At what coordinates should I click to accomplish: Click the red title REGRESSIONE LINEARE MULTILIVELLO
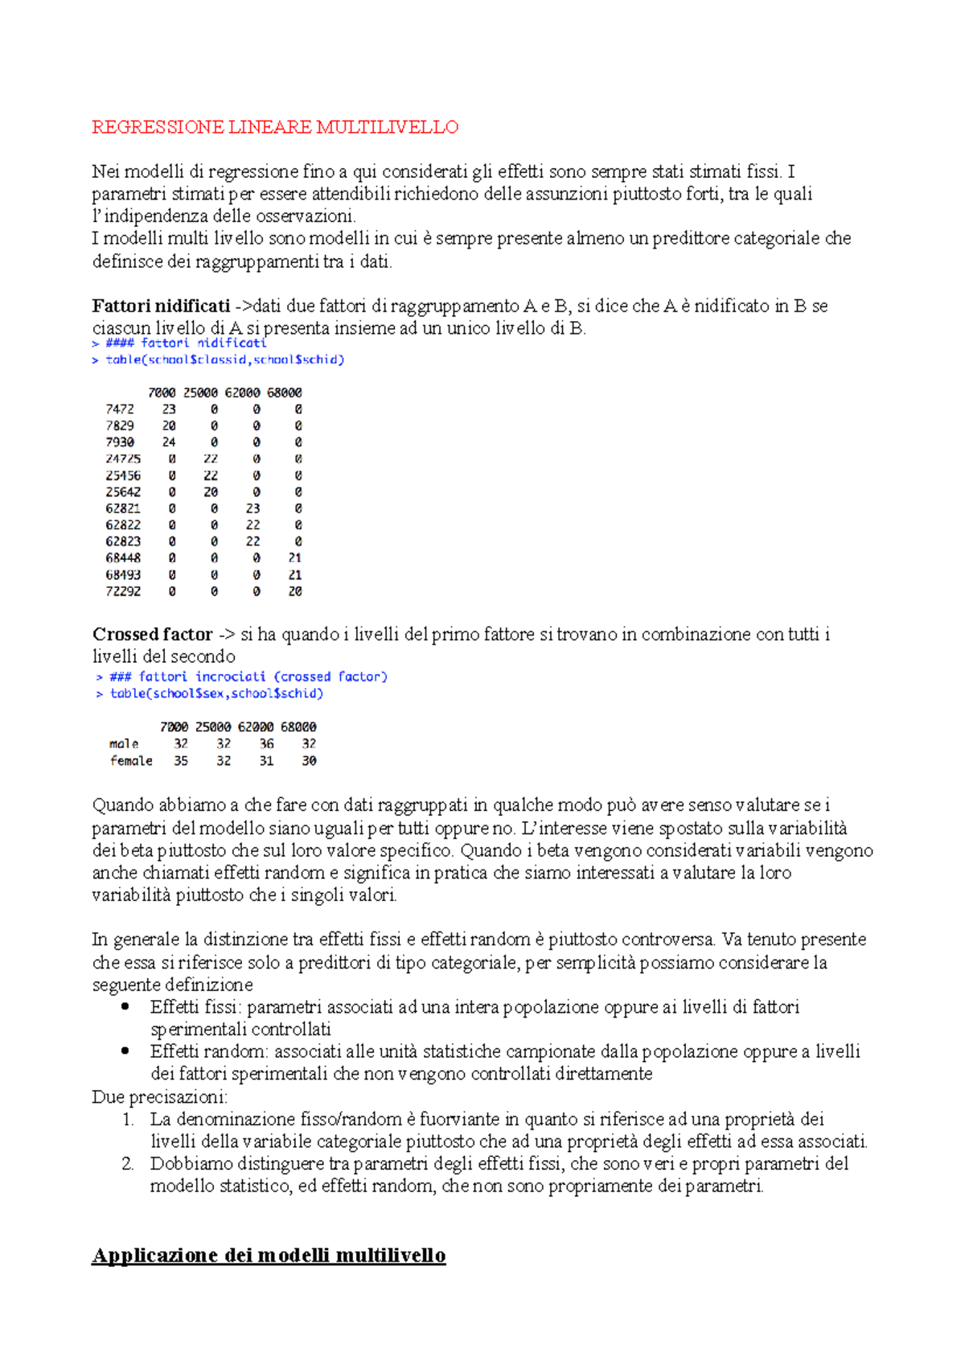pos(275,127)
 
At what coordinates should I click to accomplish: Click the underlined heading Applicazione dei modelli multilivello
pos(269,1256)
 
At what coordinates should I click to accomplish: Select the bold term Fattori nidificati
pos(161,306)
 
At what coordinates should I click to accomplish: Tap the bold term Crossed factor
pos(152,635)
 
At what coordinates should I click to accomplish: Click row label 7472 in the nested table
pos(120,409)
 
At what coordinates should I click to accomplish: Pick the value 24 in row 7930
pos(169,442)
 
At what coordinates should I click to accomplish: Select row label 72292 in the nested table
pos(123,591)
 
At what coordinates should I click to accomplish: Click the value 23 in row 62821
pos(253,508)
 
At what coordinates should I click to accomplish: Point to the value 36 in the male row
pos(266,744)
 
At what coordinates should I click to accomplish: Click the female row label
pos(131,761)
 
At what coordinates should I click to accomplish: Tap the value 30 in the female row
pos(309,761)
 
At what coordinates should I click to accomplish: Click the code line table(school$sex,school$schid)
pos(216,693)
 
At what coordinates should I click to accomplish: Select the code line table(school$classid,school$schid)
pos(224,360)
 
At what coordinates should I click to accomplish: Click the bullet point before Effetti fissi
pos(125,1006)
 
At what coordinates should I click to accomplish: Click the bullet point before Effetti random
pos(125,1051)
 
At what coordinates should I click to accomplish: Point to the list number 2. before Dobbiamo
pos(127,1163)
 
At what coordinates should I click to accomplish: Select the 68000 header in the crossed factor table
pos(298,727)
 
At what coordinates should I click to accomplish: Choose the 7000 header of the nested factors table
pos(162,393)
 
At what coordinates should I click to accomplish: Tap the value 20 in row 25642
pos(211,492)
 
